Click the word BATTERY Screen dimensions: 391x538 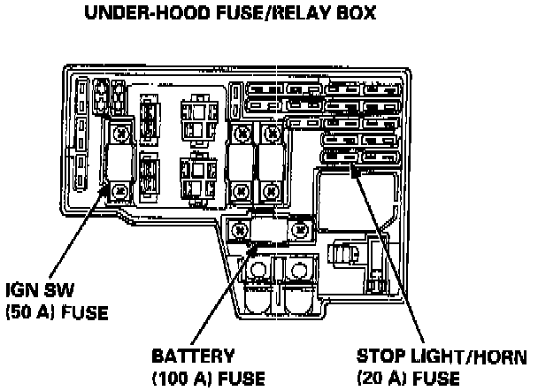pos(193,357)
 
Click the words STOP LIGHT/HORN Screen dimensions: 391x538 pos(442,357)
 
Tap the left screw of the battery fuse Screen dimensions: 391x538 pos(237,230)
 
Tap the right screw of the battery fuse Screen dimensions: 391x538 pos(301,230)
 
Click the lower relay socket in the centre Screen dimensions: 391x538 pos(196,172)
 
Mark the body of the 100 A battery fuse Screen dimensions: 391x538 pos(269,230)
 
